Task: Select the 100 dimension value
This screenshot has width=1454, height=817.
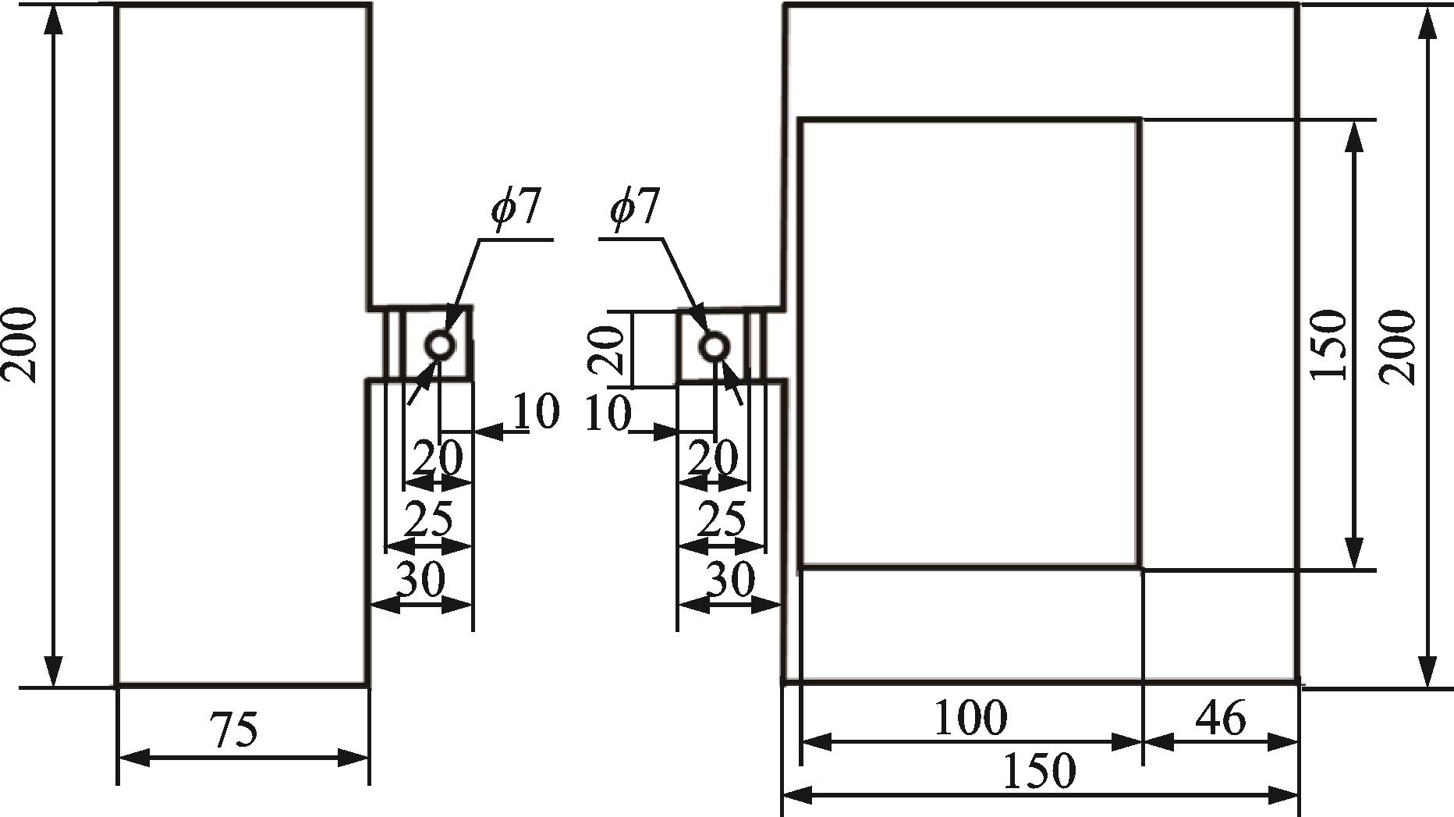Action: [x=970, y=717]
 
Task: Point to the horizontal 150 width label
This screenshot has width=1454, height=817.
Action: [x=1038, y=771]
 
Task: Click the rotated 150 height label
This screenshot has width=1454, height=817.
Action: [x=1328, y=345]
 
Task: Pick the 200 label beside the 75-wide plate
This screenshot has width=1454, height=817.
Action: [x=20, y=345]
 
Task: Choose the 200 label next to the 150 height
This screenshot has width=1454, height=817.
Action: [x=1397, y=347]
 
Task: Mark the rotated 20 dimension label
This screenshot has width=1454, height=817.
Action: [x=607, y=349]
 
